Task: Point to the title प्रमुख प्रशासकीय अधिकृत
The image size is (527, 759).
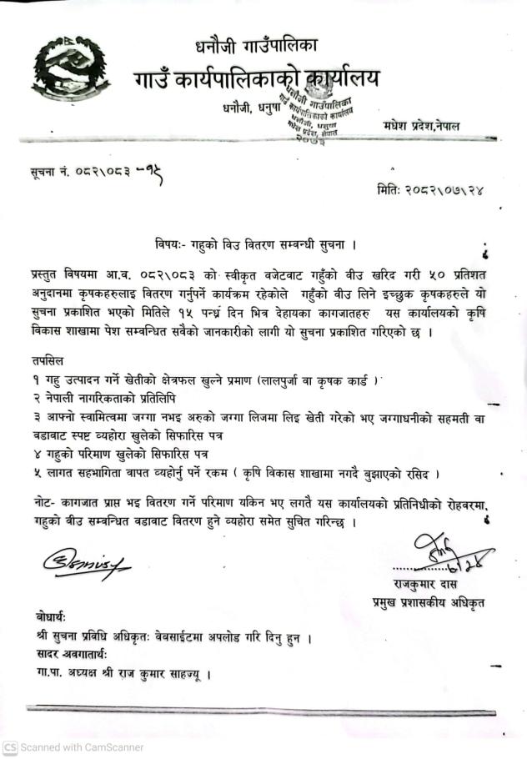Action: pyautogui.click(x=429, y=601)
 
